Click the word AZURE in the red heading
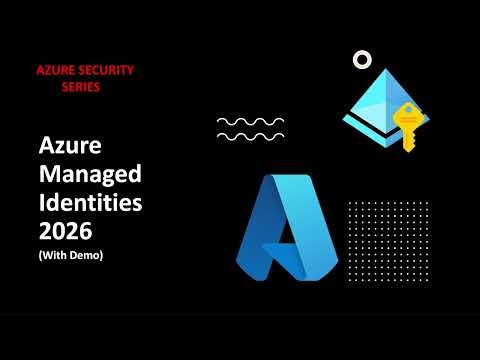57,71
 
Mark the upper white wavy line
250,121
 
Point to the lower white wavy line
250,135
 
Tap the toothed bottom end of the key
406,146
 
